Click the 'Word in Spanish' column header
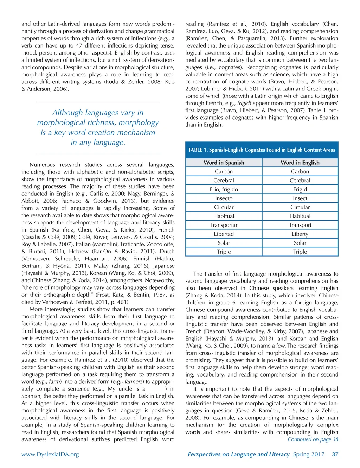(224, 163)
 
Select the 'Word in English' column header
(300, 163)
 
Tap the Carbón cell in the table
(224, 172)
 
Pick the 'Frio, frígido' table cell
(224, 189)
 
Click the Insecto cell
(224, 198)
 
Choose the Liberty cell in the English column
(300, 234)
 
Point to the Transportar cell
(224, 225)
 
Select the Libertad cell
(224, 234)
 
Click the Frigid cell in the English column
(300, 189)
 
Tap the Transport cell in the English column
(300, 225)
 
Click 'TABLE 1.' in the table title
(198, 150)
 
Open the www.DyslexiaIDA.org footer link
(50, 454)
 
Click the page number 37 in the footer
(335, 454)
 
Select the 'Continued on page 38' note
(313, 439)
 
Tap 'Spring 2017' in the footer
(308, 454)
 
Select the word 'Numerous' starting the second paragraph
(42, 165)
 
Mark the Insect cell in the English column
(300, 198)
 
